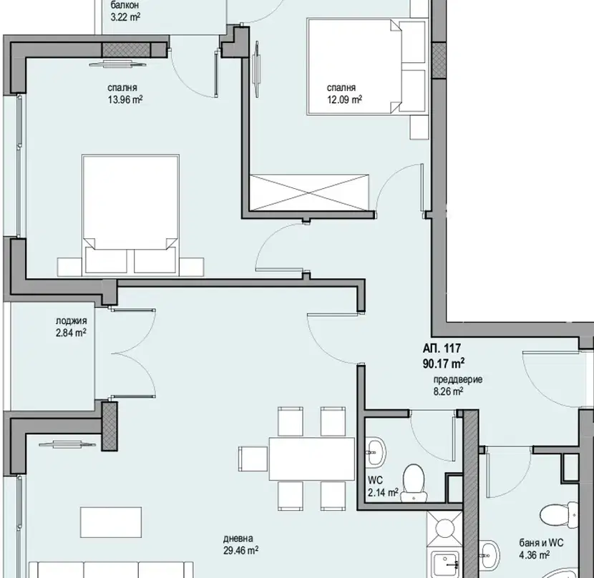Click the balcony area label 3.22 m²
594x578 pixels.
pos(125,17)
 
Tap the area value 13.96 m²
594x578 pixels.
pos(125,99)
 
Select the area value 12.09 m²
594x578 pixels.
pos(344,99)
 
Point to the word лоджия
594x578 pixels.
pos(72,320)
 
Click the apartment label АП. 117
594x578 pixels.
pos(442,348)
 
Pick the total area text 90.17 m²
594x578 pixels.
pos(444,363)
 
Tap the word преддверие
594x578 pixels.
pos(458,380)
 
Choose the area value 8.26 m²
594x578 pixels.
pos(448,391)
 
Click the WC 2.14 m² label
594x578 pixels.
pos(383,486)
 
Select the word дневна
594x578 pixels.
pos(238,538)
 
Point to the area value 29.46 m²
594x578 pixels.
pos(240,550)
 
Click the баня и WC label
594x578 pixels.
pos(541,543)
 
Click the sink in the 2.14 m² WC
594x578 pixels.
pos(376,451)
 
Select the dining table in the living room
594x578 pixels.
pos(312,459)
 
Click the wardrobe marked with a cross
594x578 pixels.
pos(309,192)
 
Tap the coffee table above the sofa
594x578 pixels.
pos(111,522)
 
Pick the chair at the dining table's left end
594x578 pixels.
pos(253,459)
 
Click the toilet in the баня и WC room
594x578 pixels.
pos(559,515)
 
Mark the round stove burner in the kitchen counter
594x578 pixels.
pos(444,528)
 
